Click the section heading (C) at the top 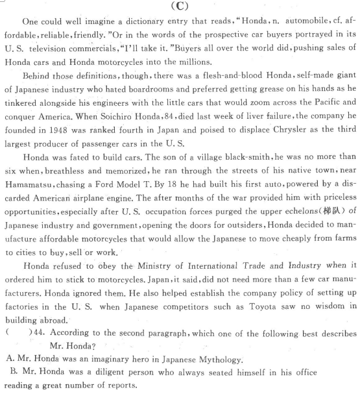click(179, 7)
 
